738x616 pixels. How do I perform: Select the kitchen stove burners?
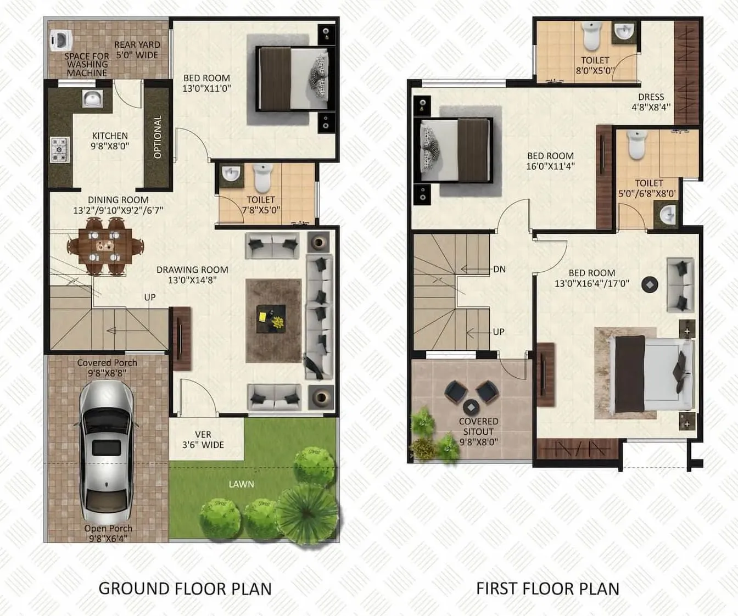click(59, 149)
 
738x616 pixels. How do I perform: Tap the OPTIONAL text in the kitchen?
click(158, 137)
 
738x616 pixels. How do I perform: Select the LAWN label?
click(242, 484)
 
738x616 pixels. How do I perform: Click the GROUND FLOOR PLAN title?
click(185, 589)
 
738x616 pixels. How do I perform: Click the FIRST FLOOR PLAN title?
click(547, 589)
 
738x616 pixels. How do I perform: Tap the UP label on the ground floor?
click(150, 297)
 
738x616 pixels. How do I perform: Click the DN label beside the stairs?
click(499, 269)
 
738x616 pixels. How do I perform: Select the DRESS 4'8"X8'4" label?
click(651, 102)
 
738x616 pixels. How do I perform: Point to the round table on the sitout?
click(471, 407)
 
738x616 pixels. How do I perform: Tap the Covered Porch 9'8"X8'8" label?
click(107, 368)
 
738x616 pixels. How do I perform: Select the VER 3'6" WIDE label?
click(203, 440)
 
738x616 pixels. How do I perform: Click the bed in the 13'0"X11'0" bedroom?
click(294, 79)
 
